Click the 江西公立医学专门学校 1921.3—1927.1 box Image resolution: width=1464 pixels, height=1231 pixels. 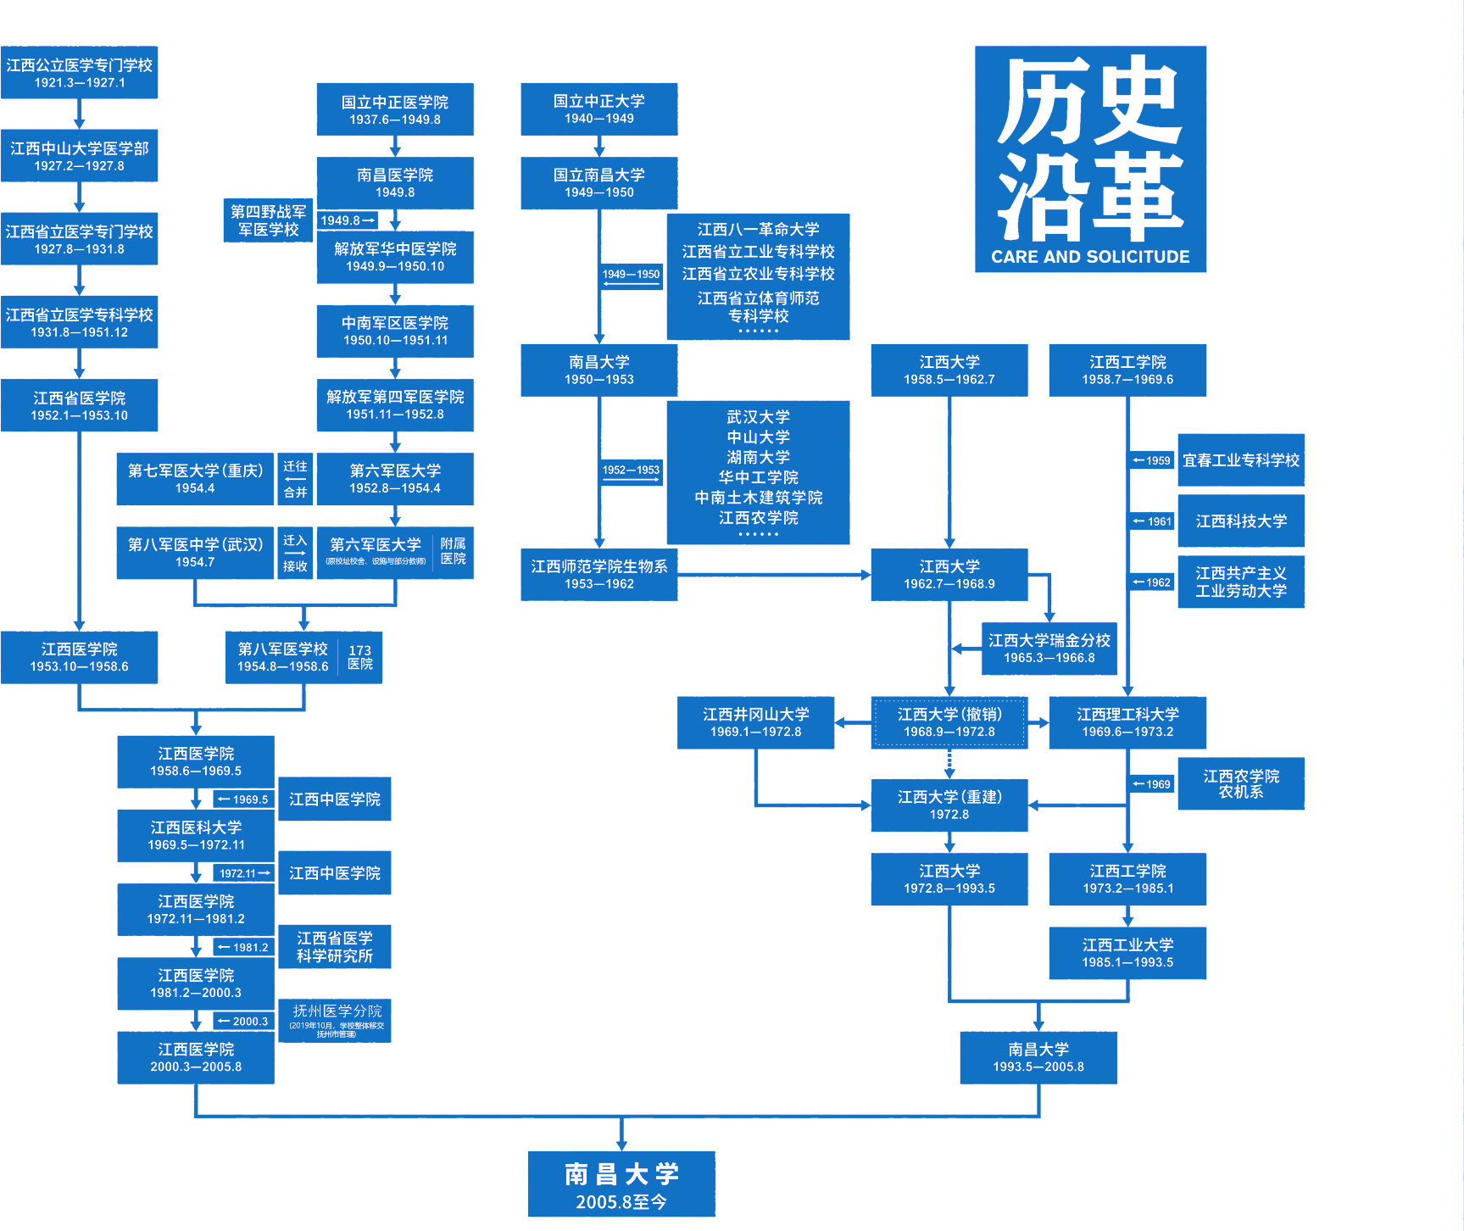pyautogui.click(x=79, y=73)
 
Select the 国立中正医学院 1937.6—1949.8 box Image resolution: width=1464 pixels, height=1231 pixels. pyautogui.click(x=395, y=109)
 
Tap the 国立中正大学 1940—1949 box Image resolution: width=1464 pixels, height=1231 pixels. pyautogui.click(x=598, y=109)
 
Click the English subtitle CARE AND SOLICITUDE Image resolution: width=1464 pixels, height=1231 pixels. pyautogui.click(x=1090, y=257)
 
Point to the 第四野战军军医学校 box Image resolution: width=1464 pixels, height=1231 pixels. pyautogui.click(x=268, y=220)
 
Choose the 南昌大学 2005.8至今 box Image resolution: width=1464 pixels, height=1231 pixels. pyautogui.click(x=621, y=1184)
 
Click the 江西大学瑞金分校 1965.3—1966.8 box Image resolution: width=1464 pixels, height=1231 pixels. pyautogui.click(x=1049, y=649)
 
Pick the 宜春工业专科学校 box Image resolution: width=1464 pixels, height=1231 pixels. pyautogui.click(x=1240, y=460)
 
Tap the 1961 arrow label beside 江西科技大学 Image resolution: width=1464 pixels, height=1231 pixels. pyautogui.click(x=1153, y=521)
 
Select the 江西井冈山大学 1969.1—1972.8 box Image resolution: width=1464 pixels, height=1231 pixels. pyautogui.click(x=755, y=722)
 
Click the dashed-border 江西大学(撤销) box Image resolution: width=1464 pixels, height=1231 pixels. pyautogui.click(x=949, y=722)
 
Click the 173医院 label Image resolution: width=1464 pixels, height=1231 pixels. pyautogui.click(x=360, y=656)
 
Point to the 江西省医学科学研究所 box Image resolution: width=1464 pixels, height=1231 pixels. pyautogui.click(x=335, y=947)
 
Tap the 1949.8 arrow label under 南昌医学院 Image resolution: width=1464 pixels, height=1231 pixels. pyautogui.click(x=347, y=220)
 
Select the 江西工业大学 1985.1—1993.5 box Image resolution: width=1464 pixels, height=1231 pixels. pyautogui.click(x=1127, y=953)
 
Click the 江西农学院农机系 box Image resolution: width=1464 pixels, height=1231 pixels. pyautogui.click(x=1240, y=783)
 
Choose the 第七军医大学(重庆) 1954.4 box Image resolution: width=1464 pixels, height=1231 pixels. pyautogui.click(x=195, y=479)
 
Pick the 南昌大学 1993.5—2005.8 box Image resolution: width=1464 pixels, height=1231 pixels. pyautogui.click(x=1038, y=1057)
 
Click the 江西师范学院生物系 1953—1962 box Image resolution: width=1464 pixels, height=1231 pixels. pyautogui.click(x=598, y=574)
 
